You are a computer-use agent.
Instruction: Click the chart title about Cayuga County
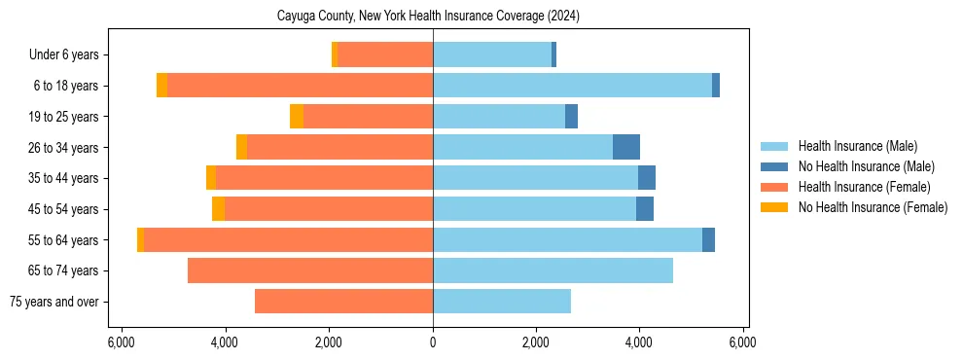coord(434,16)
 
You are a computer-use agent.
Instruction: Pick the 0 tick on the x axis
coord(433,342)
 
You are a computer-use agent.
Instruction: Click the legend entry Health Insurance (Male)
coord(856,146)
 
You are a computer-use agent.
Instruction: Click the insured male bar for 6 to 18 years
coord(572,86)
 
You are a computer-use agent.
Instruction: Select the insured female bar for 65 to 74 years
coord(310,270)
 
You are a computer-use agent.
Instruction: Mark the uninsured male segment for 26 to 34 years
coord(626,147)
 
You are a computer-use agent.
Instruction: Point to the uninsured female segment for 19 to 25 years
coord(297,117)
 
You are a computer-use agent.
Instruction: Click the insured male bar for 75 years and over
coord(502,302)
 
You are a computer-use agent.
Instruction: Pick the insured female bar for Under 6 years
coord(385,55)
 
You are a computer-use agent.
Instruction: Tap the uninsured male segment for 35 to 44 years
coord(647,178)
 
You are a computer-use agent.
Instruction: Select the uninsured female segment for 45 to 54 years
coord(218,209)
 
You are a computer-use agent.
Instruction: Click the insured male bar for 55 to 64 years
coord(567,239)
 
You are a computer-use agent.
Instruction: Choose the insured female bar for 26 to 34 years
coord(339,147)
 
